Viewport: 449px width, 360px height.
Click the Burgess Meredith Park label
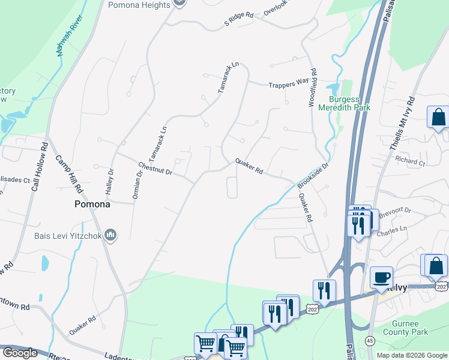349,103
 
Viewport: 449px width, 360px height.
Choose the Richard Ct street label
410,161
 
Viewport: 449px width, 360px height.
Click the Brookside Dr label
314,175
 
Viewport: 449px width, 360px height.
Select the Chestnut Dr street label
155,167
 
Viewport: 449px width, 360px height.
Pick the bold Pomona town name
92,204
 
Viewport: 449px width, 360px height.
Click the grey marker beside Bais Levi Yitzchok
110,234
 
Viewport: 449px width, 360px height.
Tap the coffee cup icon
381,277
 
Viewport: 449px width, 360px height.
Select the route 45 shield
369,340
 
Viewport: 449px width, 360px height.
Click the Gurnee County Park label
406,328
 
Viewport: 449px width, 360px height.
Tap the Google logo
20,353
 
